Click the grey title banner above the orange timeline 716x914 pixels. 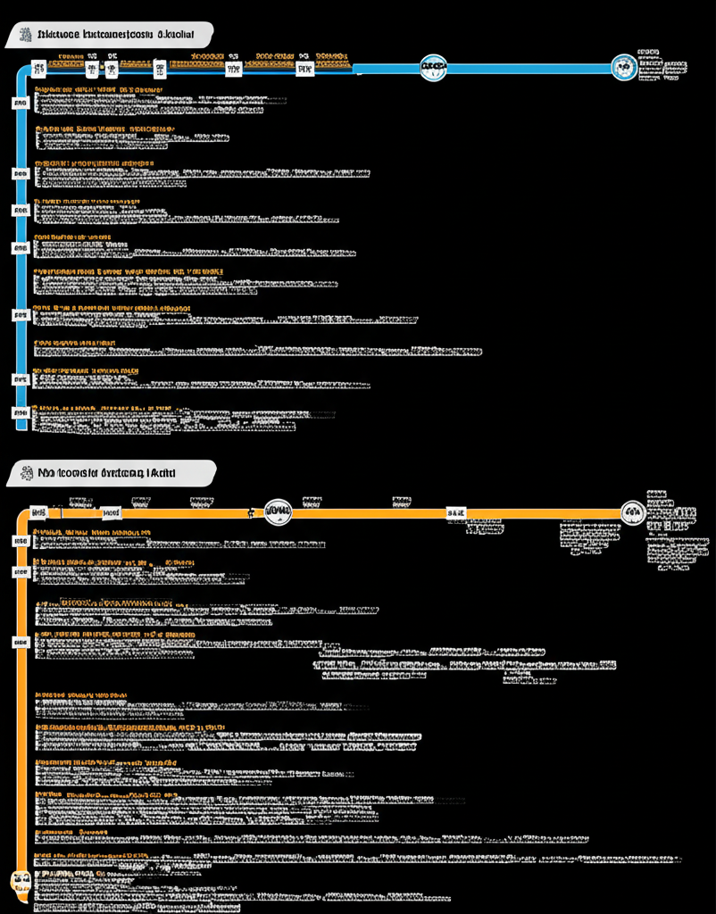click(x=111, y=473)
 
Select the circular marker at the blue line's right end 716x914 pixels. click(x=624, y=67)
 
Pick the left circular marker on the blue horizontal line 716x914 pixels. click(x=433, y=66)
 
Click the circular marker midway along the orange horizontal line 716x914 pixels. click(x=279, y=512)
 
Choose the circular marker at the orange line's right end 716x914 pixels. click(x=633, y=512)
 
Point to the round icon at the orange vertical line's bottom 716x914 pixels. click(x=21, y=881)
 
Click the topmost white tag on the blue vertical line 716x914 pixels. click(x=21, y=104)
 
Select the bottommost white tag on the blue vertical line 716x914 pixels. click(x=21, y=412)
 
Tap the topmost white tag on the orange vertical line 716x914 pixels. click(x=21, y=541)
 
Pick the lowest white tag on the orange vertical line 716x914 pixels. click(x=21, y=642)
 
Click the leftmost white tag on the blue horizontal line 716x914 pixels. click(x=38, y=67)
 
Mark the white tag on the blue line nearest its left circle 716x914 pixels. click(x=304, y=67)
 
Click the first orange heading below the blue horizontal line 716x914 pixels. click(x=98, y=90)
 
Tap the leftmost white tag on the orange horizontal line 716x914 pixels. click(x=38, y=512)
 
